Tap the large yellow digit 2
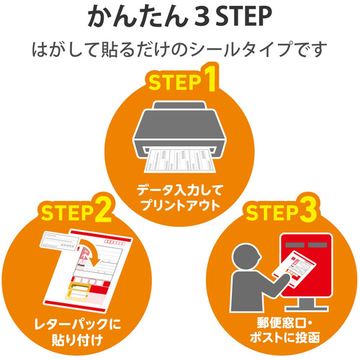pyautogui.click(x=104, y=210)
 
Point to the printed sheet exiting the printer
pyautogui.click(x=179, y=161)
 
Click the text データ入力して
pyautogui.click(x=180, y=190)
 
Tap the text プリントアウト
pyautogui.click(x=180, y=205)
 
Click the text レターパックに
pyautogui.click(x=77, y=324)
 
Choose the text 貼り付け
pyautogui.click(x=77, y=340)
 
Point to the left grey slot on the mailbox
pyautogui.click(x=294, y=245)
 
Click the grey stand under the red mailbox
pyautogui.click(x=307, y=304)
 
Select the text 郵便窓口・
pyautogui.click(x=284, y=323)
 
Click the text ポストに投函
pyautogui.click(x=285, y=338)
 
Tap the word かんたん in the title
pyautogui.click(x=137, y=17)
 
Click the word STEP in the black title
pyautogui.click(x=243, y=17)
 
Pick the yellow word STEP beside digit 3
pyautogui.click(x=271, y=212)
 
